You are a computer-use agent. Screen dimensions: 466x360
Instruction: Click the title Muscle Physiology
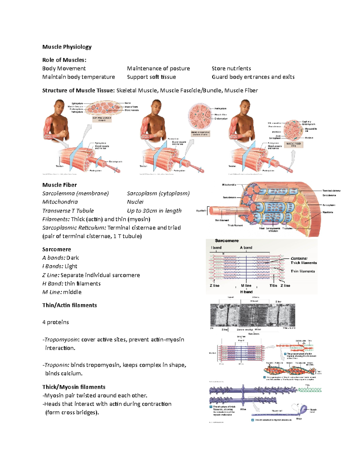click(67, 47)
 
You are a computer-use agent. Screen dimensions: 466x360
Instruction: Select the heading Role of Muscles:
click(64, 60)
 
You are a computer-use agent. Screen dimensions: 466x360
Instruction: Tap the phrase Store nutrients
click(231, 68)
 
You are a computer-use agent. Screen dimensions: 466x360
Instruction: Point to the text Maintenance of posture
click(158, 68)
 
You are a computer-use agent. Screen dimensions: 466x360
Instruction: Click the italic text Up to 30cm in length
click(154, 211)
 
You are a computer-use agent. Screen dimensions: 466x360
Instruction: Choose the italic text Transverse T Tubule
click(68, 211)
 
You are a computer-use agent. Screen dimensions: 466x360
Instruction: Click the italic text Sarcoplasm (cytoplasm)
click(158, 194)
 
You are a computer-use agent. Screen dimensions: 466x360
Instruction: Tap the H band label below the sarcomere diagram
click(246, 292)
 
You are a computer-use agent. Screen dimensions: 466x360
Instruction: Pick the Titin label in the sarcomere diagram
click(273, 286)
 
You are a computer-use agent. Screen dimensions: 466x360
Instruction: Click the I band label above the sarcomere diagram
click(216, 248)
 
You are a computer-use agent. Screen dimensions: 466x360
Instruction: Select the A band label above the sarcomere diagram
click(246, 248)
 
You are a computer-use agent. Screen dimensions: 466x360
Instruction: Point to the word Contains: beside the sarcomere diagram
click(299, 258)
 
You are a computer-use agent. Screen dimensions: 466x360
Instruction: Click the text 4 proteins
click(55, 322)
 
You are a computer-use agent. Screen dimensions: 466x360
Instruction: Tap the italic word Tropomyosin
click(61, 340)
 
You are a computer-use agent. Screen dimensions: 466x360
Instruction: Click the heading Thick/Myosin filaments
click(74, 387)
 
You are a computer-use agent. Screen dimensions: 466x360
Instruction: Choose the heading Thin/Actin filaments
click(70, 305)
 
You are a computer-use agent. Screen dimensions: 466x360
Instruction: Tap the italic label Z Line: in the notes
click(51, 275)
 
